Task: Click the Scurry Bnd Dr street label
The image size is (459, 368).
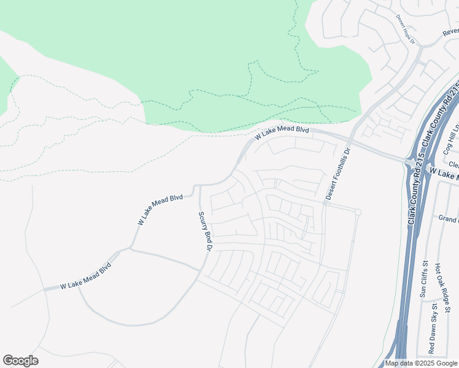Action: (x=204, y=231)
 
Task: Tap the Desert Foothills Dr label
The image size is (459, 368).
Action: (x=337, y=174)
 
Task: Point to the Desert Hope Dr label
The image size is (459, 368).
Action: (x=406, y=30)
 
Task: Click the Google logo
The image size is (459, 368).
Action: (x=20, y=361)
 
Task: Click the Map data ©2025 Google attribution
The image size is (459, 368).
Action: (x=421, y=363)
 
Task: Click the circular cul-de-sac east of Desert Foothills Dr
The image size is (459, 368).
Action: (x=358, y=212)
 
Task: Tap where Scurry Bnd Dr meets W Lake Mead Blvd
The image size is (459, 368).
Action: (x=199, y=185)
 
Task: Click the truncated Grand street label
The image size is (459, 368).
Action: (x=448, y=218)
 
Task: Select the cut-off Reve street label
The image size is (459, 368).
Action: (x=450, y=31)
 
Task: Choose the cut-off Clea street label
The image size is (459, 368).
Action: (x=453, y=164)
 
